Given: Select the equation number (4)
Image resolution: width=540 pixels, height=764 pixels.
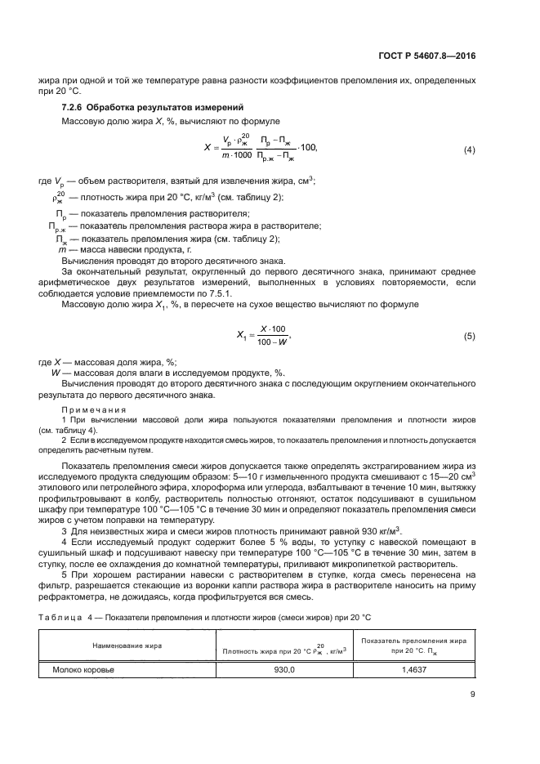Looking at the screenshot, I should coord(469,150).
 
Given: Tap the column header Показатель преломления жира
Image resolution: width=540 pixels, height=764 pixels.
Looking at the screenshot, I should coord(414,641).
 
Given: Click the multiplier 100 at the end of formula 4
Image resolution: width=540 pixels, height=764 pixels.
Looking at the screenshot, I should coord(308,147).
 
